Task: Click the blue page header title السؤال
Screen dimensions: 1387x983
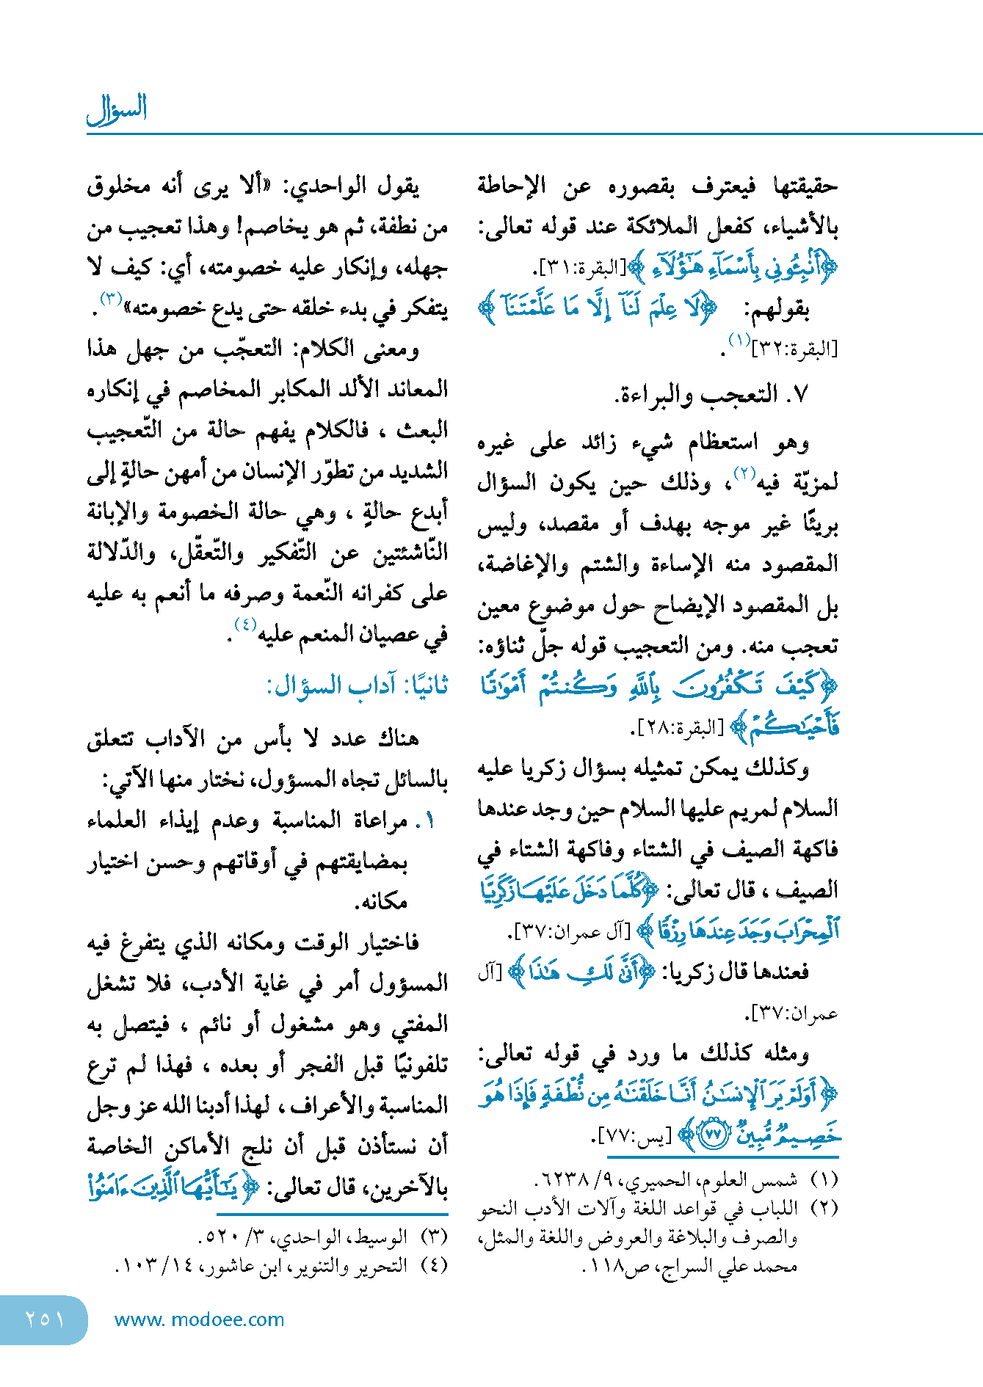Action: click(117, 109)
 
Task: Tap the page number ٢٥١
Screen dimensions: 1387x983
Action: click(44, 1319)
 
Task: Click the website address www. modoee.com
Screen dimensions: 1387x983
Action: click(199, 1319)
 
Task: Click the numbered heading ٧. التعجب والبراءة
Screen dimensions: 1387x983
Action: click(711, 396)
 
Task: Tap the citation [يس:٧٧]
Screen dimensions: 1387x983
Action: click(632, 1137)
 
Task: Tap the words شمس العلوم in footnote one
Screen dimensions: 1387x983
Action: click(761, 1181)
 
